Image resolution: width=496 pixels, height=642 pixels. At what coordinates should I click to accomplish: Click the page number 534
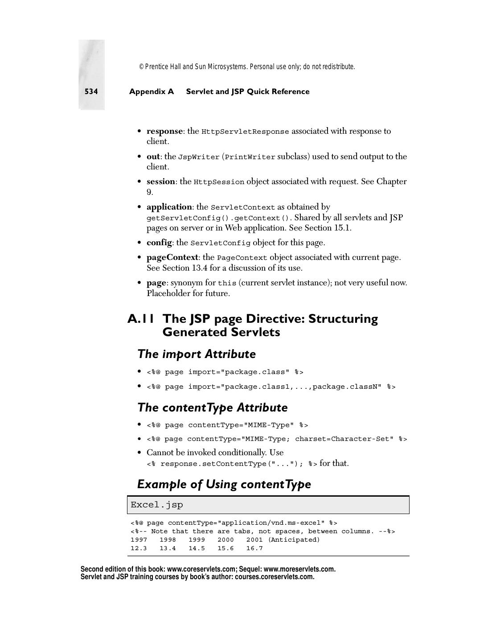[x=91, y=91]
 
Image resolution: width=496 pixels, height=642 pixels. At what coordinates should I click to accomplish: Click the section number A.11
[x=141, y=319]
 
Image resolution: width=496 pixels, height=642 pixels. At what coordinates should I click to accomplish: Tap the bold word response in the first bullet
[x=164, y=131]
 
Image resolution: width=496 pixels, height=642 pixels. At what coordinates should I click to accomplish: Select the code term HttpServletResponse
[x=245, y=132]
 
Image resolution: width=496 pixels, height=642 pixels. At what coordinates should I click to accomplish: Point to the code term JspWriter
[x=199, y=157]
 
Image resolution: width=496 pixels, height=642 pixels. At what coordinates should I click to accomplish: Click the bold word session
[x=160, y=181]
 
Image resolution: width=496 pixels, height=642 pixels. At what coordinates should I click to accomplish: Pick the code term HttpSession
[x=219, y=182]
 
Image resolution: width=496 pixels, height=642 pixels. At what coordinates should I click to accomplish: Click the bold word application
[x=169, y=207]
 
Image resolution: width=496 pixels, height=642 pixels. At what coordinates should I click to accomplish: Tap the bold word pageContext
[x=172, y=257]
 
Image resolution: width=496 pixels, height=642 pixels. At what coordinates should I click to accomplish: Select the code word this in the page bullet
[x=227, y=283]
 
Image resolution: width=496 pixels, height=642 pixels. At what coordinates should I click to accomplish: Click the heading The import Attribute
[x=197, y=354]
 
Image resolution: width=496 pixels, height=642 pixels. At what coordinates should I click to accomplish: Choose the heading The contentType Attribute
[x=212, y=407]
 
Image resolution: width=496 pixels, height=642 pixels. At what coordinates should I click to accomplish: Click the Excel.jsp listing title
[x=157, y=505]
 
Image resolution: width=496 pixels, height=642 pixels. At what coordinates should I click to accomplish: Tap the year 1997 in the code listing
[x=139, y=540]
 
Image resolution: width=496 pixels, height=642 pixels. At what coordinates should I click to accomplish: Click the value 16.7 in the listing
[x=254, y=548]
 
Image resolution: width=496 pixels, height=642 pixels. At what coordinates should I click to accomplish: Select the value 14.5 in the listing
[x=197, y=548]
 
